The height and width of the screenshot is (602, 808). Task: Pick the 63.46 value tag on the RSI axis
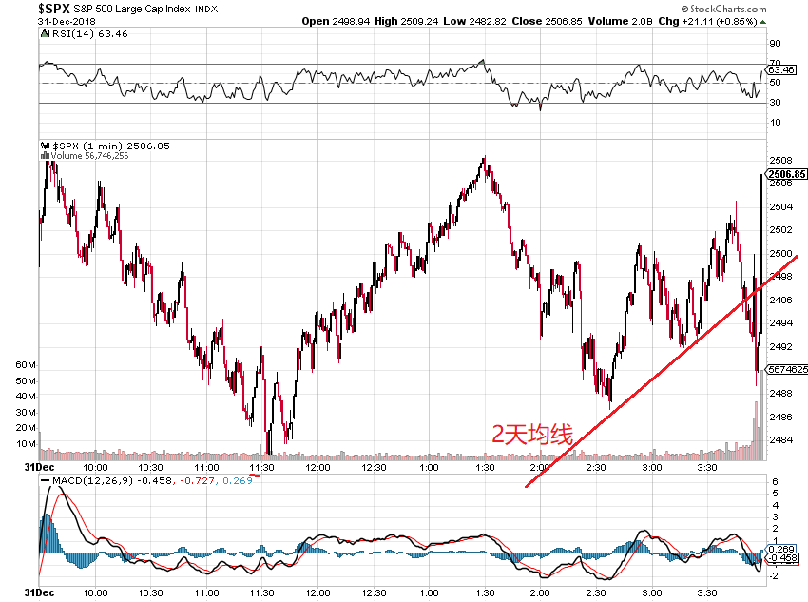782,69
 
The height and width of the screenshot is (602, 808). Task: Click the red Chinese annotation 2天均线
531,436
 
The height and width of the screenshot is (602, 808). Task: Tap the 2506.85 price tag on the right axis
787,174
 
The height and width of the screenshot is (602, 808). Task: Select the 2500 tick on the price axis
780,254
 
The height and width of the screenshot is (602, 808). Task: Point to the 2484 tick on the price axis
780,440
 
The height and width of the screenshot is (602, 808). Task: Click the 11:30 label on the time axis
261,468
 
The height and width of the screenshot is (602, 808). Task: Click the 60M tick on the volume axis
26,366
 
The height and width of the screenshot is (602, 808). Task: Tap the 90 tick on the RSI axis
776,44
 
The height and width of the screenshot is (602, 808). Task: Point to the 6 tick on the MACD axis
776,482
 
